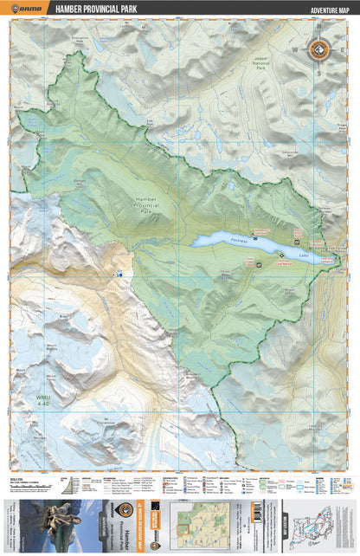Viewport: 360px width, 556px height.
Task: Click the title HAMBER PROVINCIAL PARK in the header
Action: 98,9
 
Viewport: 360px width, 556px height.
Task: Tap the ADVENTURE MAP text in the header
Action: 320,9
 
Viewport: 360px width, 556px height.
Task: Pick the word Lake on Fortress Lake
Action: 302,255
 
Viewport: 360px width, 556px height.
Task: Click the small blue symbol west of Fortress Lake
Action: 120,275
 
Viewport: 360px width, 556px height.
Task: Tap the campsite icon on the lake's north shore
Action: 297,242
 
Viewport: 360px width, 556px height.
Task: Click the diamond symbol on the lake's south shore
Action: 280,253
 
